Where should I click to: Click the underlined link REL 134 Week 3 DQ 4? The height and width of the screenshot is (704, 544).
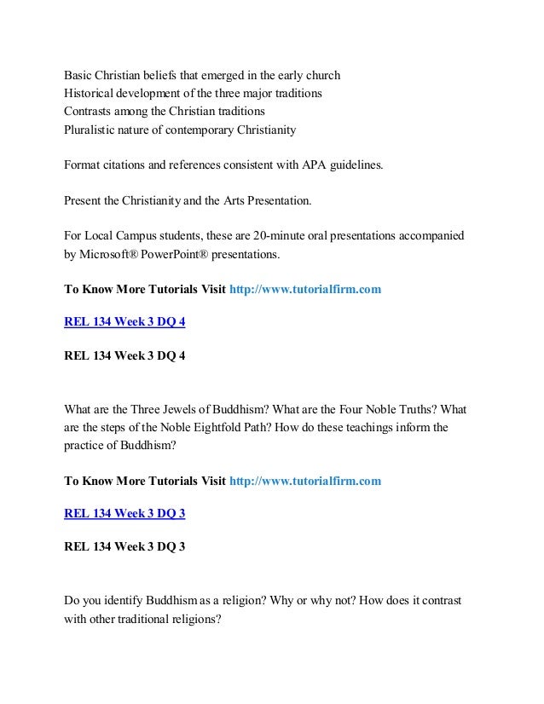pos(125,322)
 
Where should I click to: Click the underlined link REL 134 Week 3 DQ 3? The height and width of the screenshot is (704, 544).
pos(125,513)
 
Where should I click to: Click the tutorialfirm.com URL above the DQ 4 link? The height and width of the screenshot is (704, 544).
pos(305,290)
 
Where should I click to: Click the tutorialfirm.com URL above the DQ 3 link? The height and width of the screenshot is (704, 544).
pos(305,481)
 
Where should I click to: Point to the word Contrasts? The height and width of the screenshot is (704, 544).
pos(91,112)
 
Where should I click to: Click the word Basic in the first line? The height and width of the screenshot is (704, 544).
pos(79,74)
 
